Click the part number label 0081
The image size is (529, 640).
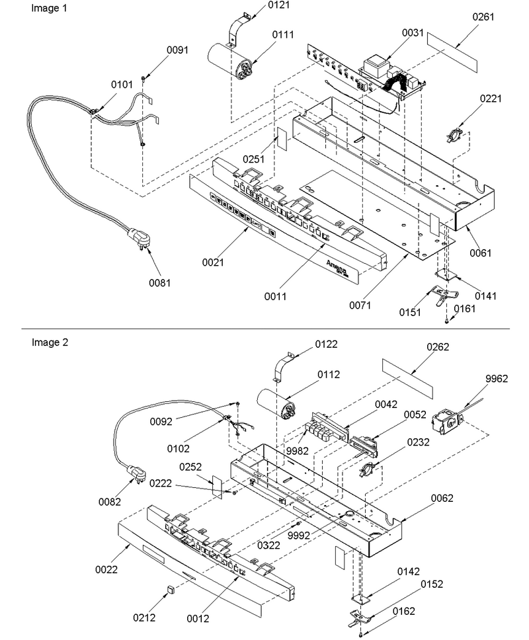point(159,282)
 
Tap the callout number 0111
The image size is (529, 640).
point(283,34)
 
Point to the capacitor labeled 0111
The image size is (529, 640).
point(231,61)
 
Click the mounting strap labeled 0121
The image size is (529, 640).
point(238,28)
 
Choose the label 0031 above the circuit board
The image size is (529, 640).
point(413,32)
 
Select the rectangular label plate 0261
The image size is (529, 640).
point(452,52)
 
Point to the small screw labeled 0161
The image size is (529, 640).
point(447,321)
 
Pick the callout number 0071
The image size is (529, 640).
point(360,305)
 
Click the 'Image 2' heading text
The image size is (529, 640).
point(50,342)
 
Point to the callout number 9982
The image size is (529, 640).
point(297,451)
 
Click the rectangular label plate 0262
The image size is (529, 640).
point(407,378)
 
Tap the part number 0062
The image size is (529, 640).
point(442,498)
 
